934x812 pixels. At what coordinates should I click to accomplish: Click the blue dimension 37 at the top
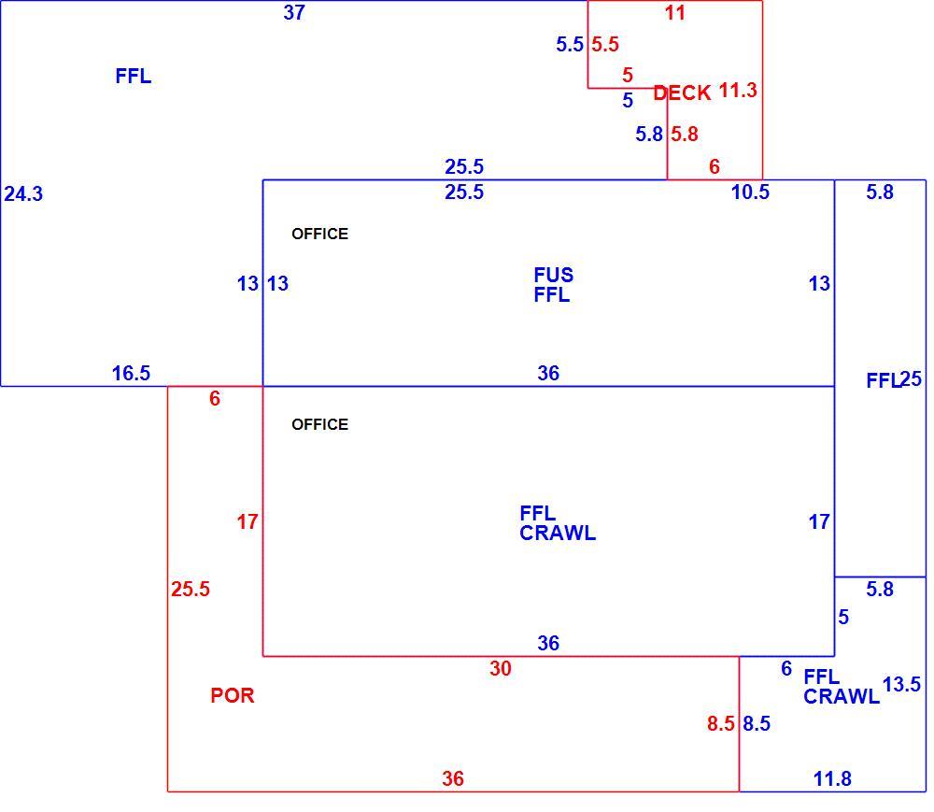click(294, 12)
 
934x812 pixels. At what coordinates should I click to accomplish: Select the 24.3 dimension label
click(24, 194)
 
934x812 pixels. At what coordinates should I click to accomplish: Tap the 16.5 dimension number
click(131, 374)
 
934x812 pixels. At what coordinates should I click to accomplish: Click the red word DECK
click(682, 93)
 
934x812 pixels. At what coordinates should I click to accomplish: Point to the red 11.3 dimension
click(738, 91)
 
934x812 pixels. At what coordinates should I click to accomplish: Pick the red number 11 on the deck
click(675, 13)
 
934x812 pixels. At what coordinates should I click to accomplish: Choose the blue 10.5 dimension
click(751, 192)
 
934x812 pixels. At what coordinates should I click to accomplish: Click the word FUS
click(553, 275)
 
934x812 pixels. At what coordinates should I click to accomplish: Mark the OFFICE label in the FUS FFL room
click(319, 234)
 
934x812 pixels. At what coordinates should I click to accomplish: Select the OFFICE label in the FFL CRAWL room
click(319, 424)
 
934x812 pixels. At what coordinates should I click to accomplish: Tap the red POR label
click(233, 695)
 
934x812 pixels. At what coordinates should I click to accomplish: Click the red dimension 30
click(501, 668)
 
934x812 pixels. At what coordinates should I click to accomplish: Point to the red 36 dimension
click(453, 778)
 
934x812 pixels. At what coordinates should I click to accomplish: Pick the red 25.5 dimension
click(191, 590)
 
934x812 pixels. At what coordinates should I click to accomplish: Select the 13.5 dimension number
click(902, 685)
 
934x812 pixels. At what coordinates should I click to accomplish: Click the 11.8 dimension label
click(832, 778)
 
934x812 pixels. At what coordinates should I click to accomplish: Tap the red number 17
click(248, 522)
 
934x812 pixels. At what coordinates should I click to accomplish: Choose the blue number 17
click(819, 522)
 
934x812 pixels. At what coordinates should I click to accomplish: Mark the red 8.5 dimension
click(721, 724)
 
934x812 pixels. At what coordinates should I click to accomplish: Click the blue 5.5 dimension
click(570, 44)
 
